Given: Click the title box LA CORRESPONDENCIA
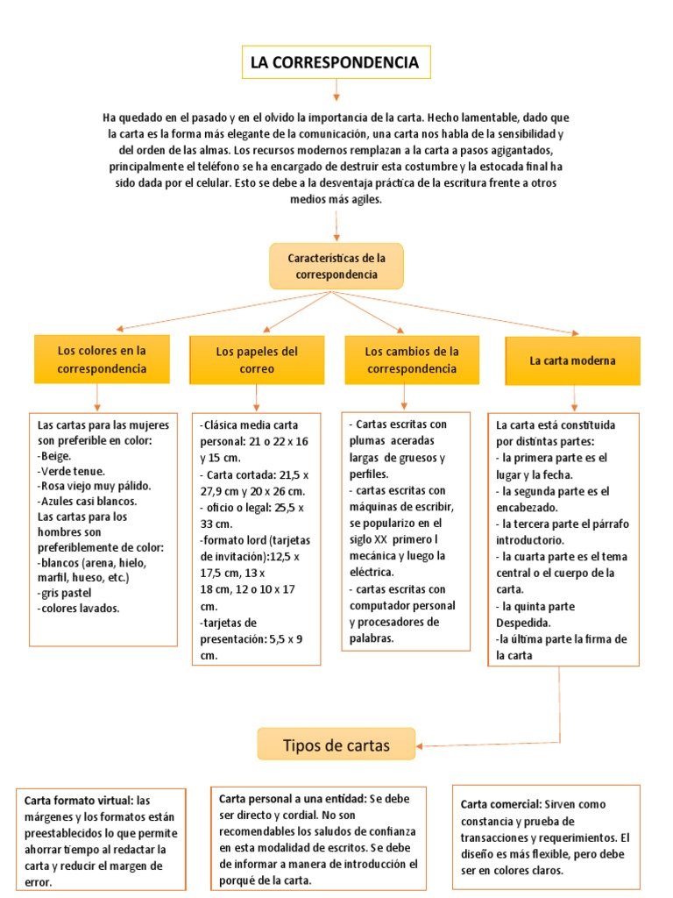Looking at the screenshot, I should tap(336, 62).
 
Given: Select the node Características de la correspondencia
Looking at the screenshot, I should tap(336, 267).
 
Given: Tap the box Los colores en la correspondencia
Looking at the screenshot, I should tap(102, 360).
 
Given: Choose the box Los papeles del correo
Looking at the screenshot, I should tap(257, 360).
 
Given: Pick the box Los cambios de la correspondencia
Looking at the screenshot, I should tap(412, 360).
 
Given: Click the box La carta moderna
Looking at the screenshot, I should tap(572, 360).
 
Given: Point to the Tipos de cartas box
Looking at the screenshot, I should tap(336, 745).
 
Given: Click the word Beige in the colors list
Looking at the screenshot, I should tap(56, 456).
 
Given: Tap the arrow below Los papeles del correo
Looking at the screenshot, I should tap(257, 399).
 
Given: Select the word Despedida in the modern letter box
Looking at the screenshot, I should tap(524, 623).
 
